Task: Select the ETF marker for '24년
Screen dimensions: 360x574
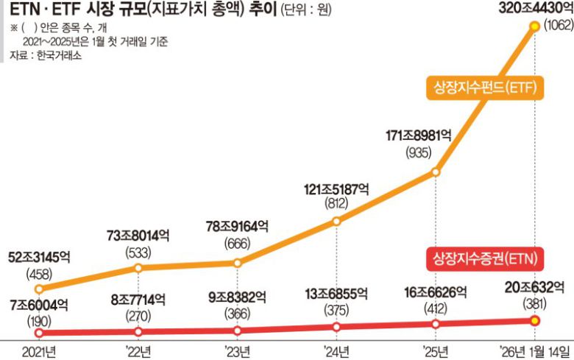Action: pos(336,221)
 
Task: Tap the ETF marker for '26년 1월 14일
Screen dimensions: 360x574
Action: pos(535,26)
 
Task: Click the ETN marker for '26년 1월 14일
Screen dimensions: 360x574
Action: pos(535,320)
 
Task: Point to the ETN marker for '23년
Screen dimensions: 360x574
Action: pos(238,329)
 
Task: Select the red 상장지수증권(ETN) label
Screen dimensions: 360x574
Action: pos(483,259)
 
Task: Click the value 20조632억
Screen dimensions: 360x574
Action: pos(534,287)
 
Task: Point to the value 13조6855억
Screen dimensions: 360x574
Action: pos(337,294)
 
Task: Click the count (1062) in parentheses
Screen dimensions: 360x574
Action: pos(552,27)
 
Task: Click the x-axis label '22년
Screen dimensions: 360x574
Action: pos(140,350)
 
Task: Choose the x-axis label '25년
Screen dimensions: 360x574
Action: pos(436,350)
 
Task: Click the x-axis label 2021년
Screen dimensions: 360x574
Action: pos(40,350)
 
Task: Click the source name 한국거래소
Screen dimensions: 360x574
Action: pos(56,55)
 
